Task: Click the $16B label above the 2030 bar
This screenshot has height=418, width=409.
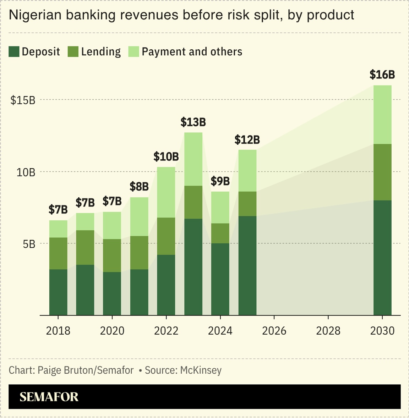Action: pyautogui.click(x=382, y=75)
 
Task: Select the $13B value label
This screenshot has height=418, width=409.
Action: pyautogui.click(x=193, y=122)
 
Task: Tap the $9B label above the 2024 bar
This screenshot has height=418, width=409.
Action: pyautogui.click(x=220, y=181)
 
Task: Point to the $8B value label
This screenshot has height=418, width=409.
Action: pyautogui.click(x=139, y=187)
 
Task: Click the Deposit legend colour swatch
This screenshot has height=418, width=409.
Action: pyautogui.click(x=14, y=52)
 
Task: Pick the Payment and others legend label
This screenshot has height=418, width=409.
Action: pyautogui.click(x=192, y=52)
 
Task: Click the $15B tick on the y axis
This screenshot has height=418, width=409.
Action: pyautogui.click(x=23, y=100)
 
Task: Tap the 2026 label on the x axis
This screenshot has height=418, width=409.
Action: pyautogui.click(x=274, y=331)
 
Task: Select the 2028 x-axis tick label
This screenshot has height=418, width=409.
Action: pyautogui.click(x=328, y=331)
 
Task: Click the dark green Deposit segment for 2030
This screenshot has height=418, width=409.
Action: pyautogui.click(x=382, y=257)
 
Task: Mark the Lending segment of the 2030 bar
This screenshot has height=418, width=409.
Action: pyautogui.click(x=382, y=172)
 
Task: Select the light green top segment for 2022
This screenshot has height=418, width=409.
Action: pyautogui.click(x=166, y=192)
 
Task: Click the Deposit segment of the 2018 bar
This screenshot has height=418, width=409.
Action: pyautogui.click(x=58, y=292)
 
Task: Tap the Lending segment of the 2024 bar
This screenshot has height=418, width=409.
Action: pyautogui.click(x=220, y=233)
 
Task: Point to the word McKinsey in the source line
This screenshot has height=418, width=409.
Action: pyautogui.click(x=201, y=370)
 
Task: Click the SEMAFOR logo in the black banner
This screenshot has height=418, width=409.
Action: pyautogui.click(x=49, y=397)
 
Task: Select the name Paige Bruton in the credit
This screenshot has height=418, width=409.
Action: pyautogui.click(x=65, y=370)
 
